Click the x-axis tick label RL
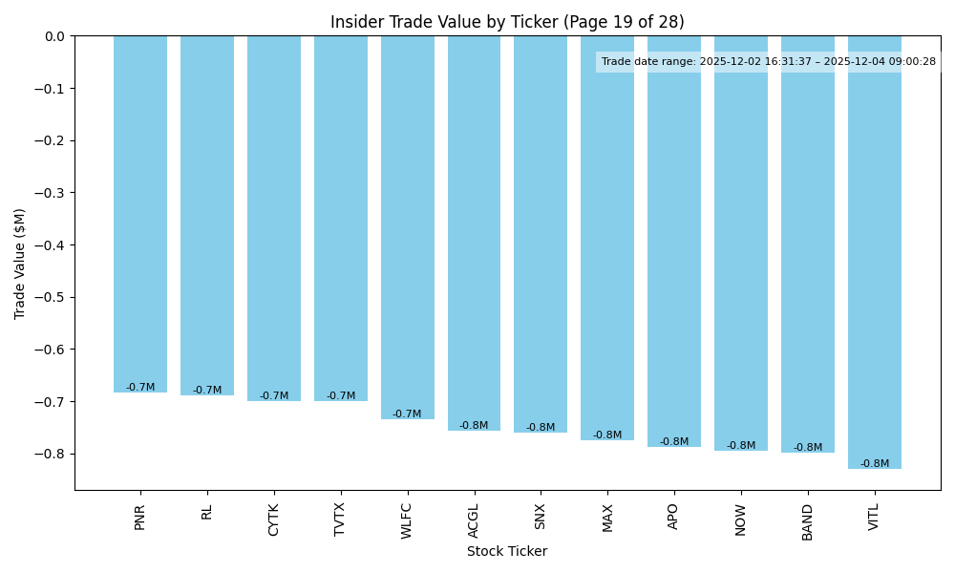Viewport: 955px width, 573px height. tap(207, 512)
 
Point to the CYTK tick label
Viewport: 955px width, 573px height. tap(274, 520)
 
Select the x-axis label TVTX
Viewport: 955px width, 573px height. tap(340, 520)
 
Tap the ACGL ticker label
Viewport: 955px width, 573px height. tap(474, 520)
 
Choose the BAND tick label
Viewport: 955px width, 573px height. tap(808, 521)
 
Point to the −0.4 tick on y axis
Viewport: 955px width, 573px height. tap(50, 245)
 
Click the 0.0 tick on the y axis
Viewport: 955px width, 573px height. tap(53, 36)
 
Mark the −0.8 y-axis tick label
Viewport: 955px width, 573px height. tap(50, 454)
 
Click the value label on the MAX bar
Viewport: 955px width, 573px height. tap(607, 435)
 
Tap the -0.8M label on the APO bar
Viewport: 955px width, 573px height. tap(674, 442)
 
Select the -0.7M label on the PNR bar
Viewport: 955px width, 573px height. tap(140, 388)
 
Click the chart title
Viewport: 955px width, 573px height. tap(507, 22)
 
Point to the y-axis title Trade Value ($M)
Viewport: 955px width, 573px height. tap(20, 263)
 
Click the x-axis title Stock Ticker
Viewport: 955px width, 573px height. tap(507, 551)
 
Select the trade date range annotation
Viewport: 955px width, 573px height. tap(769, 62)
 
